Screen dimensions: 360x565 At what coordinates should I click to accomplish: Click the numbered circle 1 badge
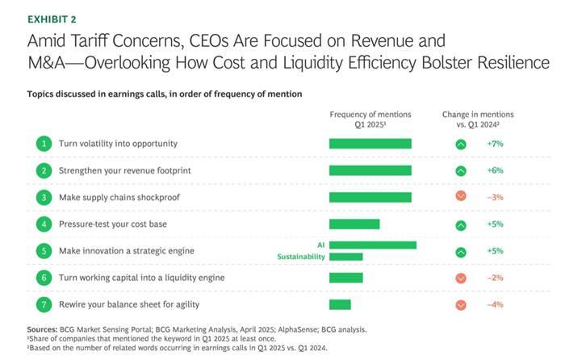pyautogui.click(x=43, y=144)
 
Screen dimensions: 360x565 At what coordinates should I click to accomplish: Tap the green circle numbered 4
pyautogui.click(x=43, y=224)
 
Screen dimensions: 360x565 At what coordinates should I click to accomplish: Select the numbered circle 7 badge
pyautogui.click(x=43, y=304)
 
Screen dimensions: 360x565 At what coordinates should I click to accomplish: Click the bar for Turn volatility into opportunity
pyautogui.click(x=370, y=144)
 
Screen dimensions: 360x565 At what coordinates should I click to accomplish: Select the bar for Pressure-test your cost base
pyautogui.click(x=354, y=224)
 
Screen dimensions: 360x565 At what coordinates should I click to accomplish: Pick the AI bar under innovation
pyautogui.click(x=372, y=245)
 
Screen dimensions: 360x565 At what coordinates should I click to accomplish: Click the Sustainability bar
pyautogui.click(x=345, y=257)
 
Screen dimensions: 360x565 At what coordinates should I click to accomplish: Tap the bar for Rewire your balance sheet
pyautogui.click(x=340, y=304)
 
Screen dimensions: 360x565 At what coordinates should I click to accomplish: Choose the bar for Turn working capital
pyautogui.click(x=345, y=278)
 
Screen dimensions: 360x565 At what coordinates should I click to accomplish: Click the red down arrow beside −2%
pyautogui.click(x=461, y=278)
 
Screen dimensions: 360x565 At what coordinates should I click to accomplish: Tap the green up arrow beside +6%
pyautogui.click(x=461, y=171)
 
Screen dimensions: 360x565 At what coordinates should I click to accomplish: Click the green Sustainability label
pyautogui.click(x=301, y=257)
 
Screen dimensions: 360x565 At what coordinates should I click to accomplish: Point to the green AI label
pyautogui.click(x=320, y=243)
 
